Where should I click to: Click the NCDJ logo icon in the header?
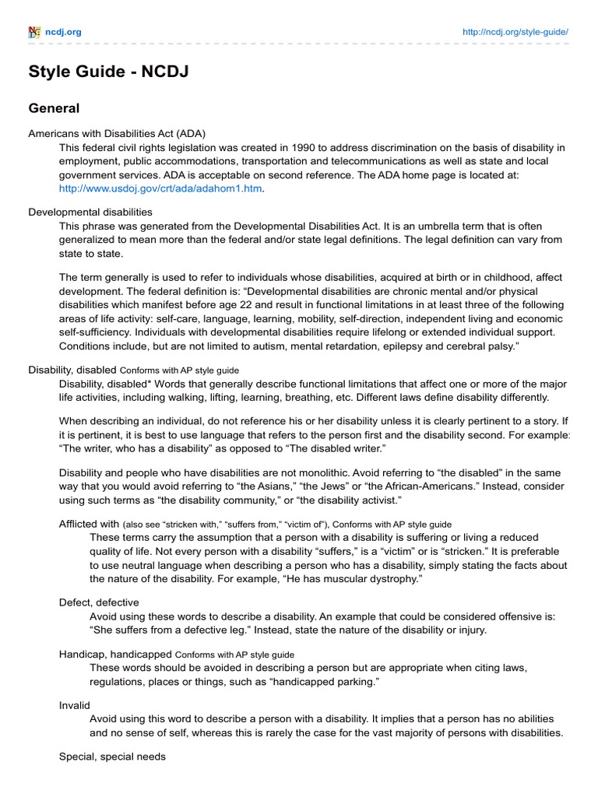click(x=34, y=32)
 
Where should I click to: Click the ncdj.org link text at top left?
click(x=64, y=32)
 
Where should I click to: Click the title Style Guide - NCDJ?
click(x=108, y=72)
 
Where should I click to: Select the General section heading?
click(x=55, y=108)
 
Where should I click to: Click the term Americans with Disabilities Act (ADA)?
click(x=117, y=132)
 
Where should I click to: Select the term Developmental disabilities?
click(x=90, y=212)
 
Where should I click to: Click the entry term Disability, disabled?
click(x=72, y=370)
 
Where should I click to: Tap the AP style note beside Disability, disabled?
click(x=180, y=370)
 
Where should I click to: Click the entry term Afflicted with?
click(x=89, y=524)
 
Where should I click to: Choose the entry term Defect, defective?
click(x=99, y=602)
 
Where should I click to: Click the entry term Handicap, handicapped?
click(x=116, y=654)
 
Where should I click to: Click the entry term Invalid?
click(x=75, y=705)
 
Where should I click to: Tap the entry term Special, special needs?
click(x=112, y=756)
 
